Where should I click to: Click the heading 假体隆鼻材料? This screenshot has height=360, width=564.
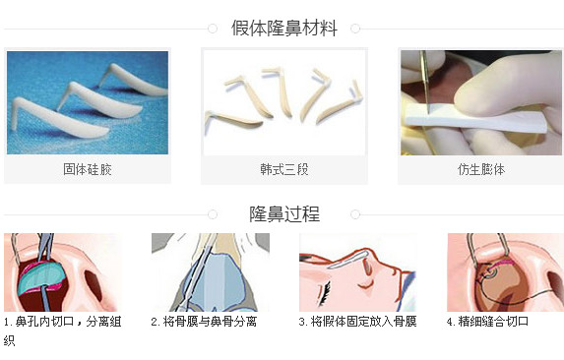(x=283, y=29)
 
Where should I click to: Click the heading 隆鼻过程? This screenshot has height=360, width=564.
(x=283, y=213)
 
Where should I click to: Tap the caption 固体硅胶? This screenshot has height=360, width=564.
(x=87, y=169)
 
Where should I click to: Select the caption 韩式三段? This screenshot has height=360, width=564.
(x=283, y=169)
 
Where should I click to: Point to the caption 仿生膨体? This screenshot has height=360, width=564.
(x=480, y=169)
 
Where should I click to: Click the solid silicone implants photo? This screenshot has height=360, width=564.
(x=87, y=102)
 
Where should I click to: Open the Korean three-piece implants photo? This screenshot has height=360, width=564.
(x=283, y=102)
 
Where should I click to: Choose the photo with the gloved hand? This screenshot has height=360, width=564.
(x=480, y=102)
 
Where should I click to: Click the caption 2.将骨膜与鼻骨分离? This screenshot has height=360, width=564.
(x=204, y=322)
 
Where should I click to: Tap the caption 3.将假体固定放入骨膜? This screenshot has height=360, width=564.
(x=357, y=322)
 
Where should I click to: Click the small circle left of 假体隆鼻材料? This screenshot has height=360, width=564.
(x=212, y=29)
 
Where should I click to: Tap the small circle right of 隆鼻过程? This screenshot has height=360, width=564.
(x=355, y=213)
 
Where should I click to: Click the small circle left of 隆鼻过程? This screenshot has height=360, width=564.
(x=212, y=213)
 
